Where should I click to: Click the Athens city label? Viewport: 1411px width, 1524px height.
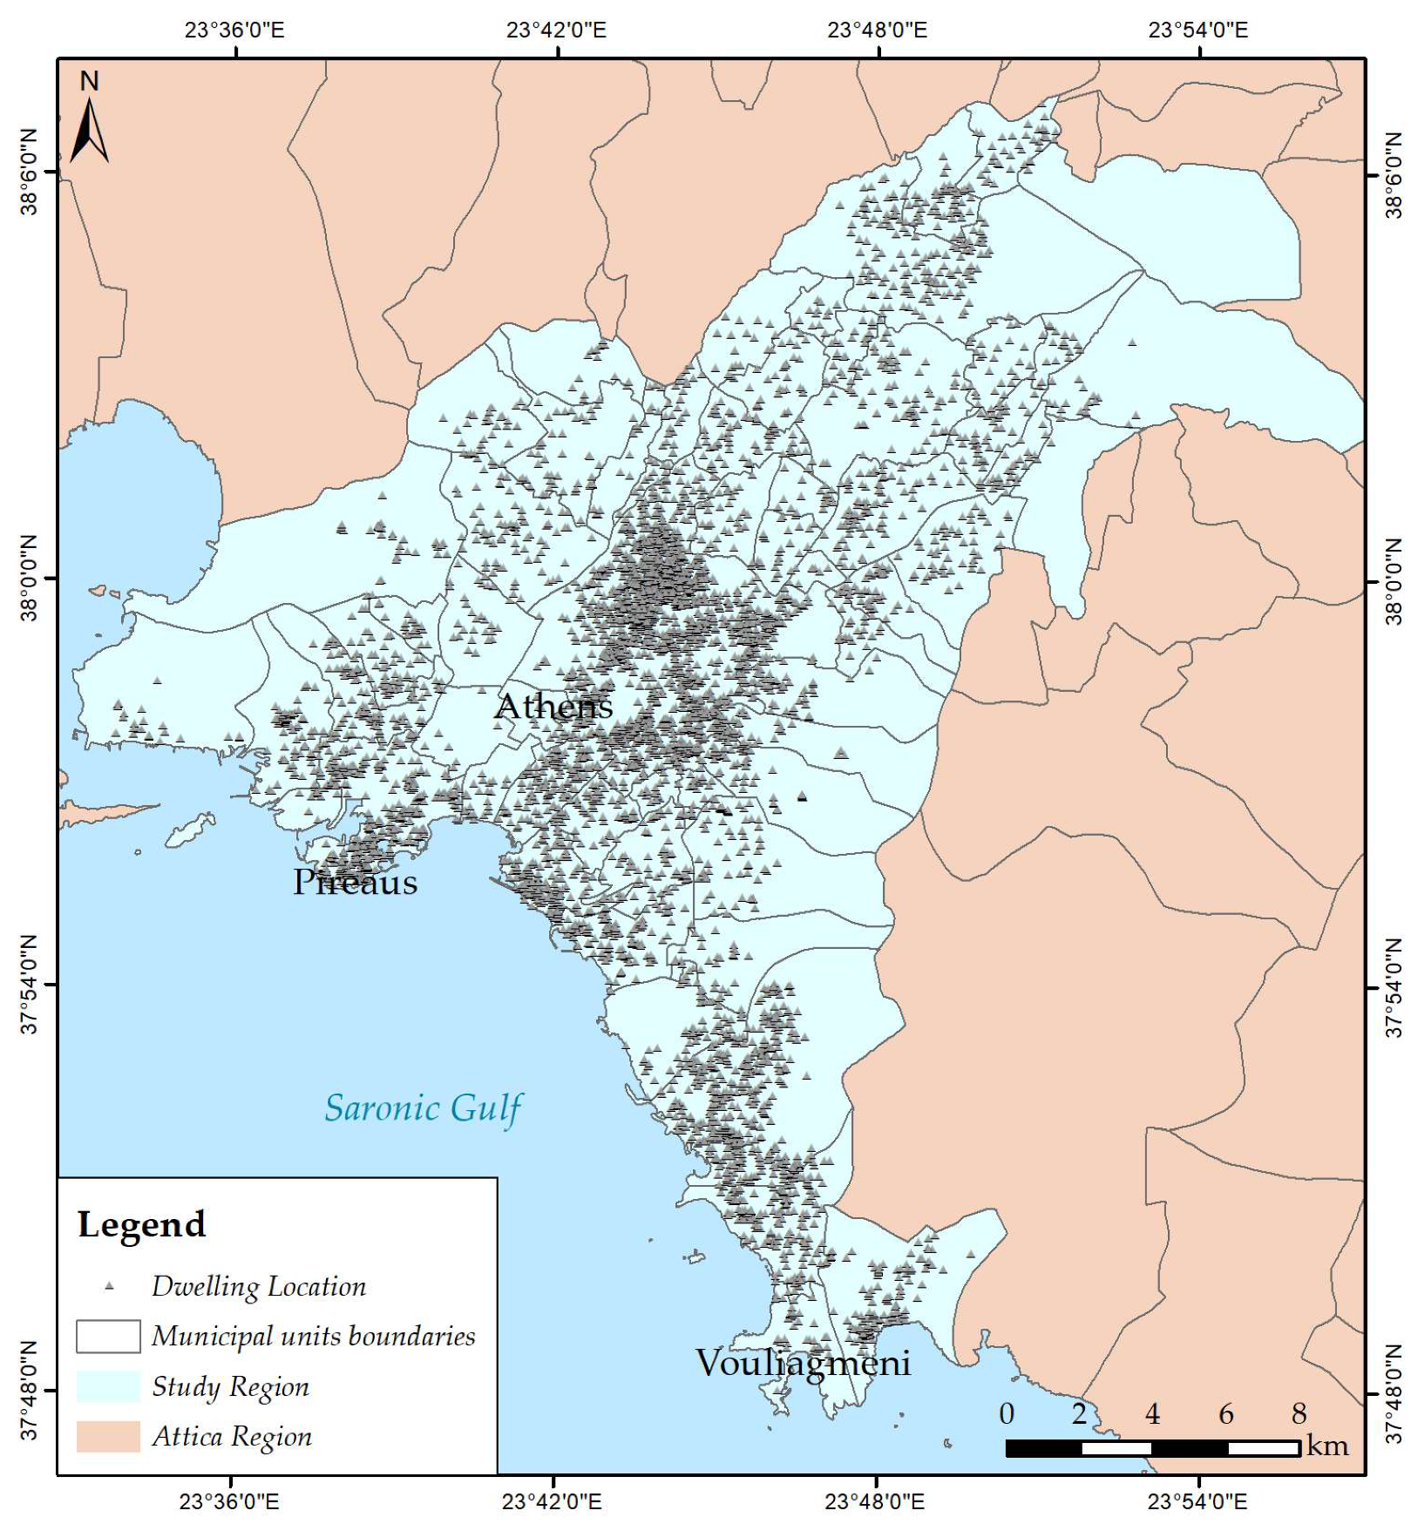553,706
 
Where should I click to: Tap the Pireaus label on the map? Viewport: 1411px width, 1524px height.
355,882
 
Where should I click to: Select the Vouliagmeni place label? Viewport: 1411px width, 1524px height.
803,1363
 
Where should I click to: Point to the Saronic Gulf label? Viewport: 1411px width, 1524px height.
423,1108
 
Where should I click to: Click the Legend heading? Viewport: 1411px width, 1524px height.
142,1224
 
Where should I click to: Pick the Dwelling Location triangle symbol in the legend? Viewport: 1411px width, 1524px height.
109,1285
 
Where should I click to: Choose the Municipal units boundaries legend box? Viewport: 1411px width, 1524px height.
108,1336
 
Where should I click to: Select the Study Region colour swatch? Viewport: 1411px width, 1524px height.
108,1385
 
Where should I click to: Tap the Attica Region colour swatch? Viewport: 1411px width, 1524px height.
108,1436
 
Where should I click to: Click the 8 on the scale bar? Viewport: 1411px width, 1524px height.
1299,1413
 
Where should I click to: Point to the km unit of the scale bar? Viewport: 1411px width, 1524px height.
1327,1446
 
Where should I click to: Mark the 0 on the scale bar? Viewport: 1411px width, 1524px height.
1007,1413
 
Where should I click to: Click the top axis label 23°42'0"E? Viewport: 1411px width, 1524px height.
556,30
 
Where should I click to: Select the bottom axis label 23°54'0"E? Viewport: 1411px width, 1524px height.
1197,1501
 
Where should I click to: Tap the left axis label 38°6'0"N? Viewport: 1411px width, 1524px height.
30,173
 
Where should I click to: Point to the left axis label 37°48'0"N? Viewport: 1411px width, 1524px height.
30,1391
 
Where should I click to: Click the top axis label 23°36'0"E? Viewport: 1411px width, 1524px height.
234,30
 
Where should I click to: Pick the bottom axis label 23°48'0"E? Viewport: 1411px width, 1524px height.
875,1501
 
